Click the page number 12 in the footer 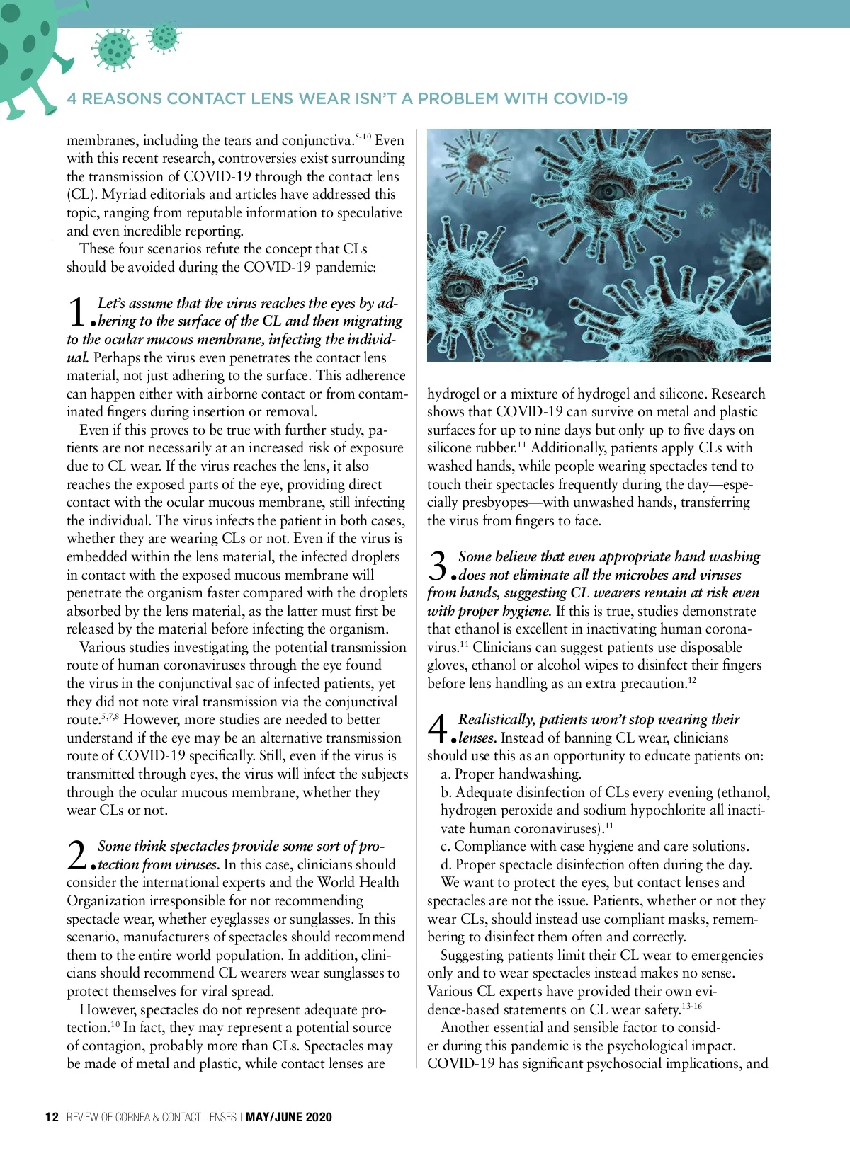52,1117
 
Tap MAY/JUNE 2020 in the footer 289,1117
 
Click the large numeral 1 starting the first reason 77,312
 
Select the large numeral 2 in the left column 77,855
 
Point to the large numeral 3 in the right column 438,566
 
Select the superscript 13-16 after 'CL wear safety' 692,1006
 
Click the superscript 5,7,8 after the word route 110,717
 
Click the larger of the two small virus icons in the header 115,50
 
